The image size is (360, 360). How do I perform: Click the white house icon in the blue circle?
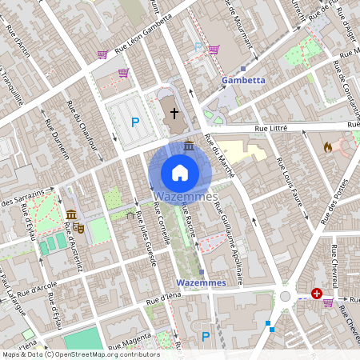pyautogui.click(x=179, y=172)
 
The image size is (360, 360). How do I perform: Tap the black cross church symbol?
pyautogui.click(x=174, y=113)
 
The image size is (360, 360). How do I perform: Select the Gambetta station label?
pyautogui.click(x=242, y=81)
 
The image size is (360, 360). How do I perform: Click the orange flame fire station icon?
pyautogui.click(x=326, y=147)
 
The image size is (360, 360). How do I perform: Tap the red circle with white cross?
pyautogui.click(x=317, y=294)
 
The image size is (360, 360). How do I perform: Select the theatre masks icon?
pyautogui.click(x=80, y=228)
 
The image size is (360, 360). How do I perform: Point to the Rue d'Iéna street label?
pyautogui.click(x=165, y=298)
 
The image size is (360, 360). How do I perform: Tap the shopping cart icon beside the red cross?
pyautogui.click(x=329, y=302)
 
